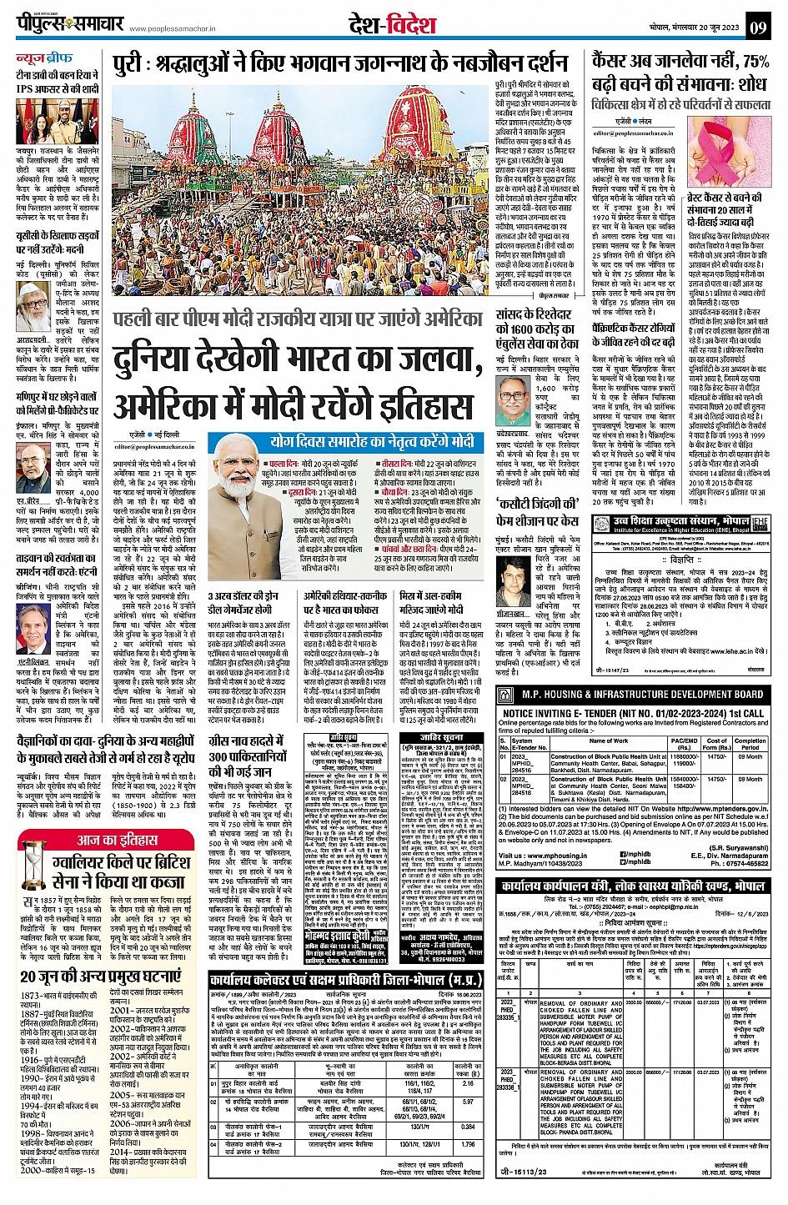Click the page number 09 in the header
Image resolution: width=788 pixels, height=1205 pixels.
[758, 27]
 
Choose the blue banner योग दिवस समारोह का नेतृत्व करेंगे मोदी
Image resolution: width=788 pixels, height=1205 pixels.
[372, 441]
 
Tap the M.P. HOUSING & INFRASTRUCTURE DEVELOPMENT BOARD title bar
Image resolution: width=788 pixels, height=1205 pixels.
[642, 694]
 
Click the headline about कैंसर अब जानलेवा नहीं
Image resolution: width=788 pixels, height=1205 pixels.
[680, 72]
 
